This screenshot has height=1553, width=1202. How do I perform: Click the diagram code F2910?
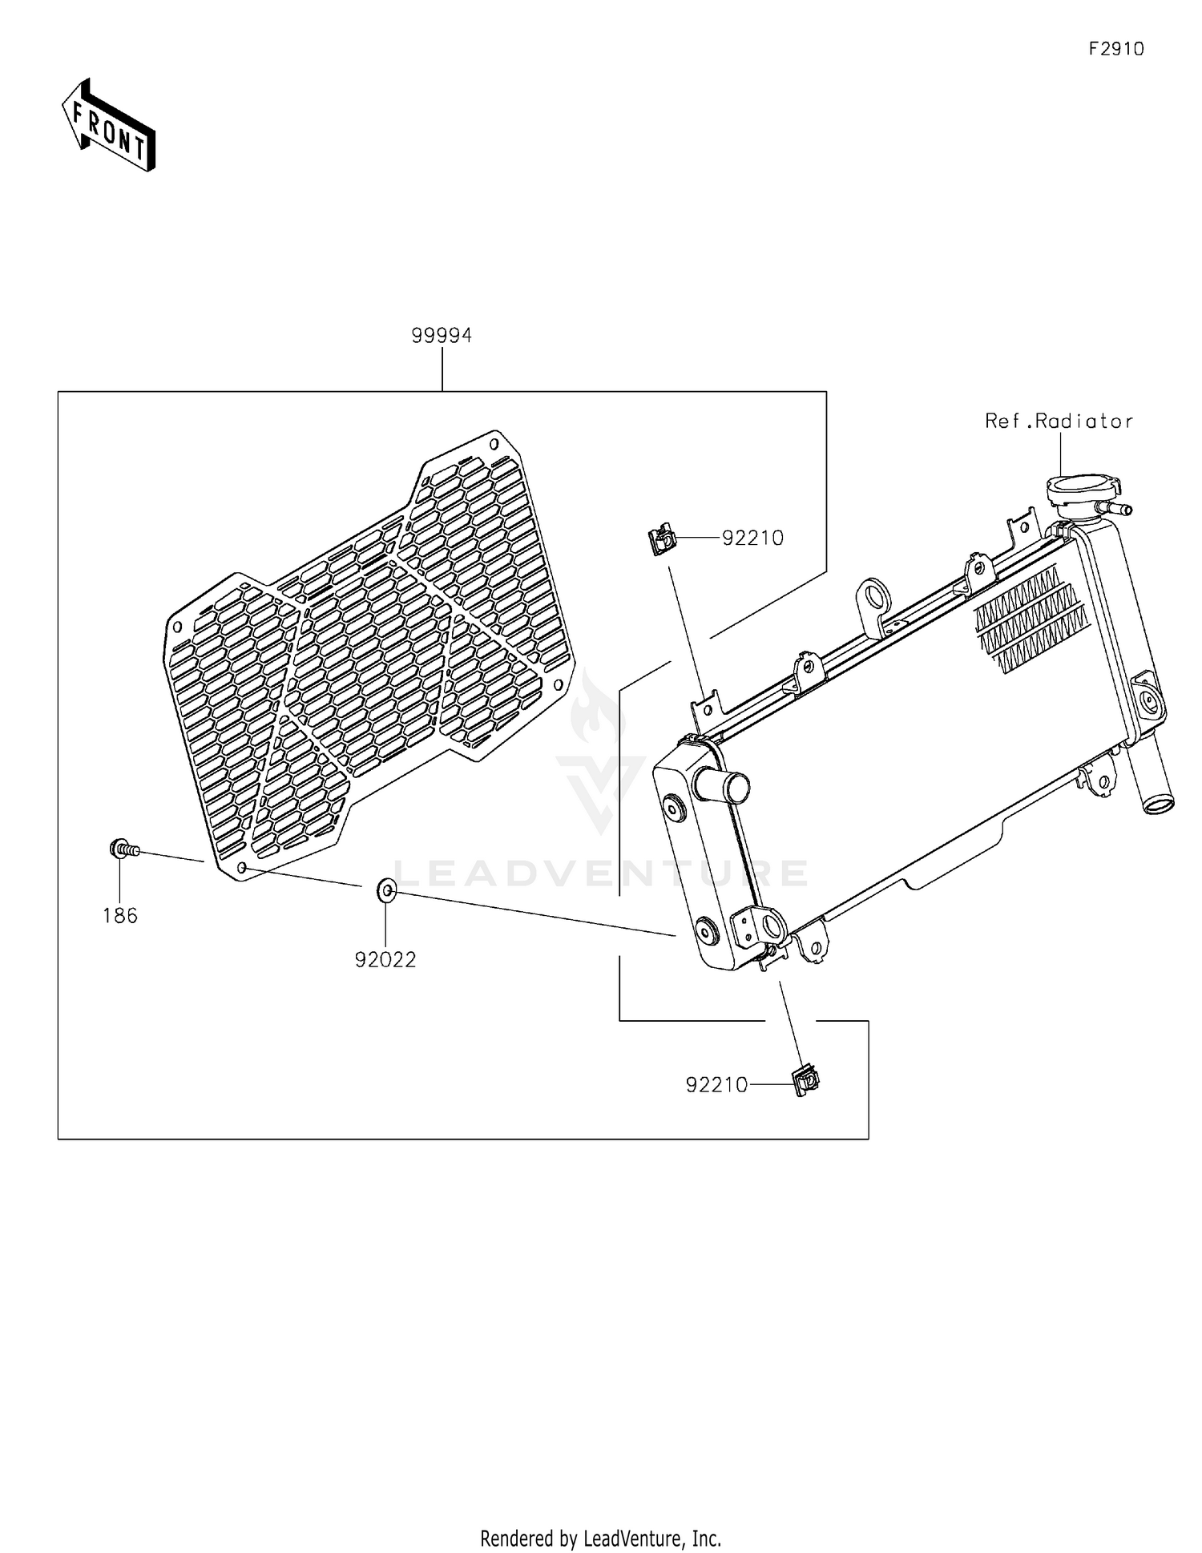[1115, 49]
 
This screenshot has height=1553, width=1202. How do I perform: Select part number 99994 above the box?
[442, 336]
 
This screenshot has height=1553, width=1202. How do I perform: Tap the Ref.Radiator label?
[1059, 421]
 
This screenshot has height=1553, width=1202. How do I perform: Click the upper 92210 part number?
[752, 539]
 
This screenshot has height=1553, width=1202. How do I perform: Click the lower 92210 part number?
[716, 1085]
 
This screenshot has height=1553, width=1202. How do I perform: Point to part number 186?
[120, 915]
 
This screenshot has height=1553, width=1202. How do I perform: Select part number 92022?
[385, 959]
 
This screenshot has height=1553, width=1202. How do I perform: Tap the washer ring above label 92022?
[385, 889]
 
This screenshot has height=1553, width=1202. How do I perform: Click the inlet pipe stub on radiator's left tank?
[722, 785]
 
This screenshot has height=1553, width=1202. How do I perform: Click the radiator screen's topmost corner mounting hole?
[494, 442]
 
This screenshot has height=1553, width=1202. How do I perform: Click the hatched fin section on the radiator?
[1031, 618]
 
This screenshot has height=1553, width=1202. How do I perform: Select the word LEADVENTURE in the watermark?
[601, 873]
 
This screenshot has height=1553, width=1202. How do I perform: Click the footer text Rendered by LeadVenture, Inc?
[600, 1538]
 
